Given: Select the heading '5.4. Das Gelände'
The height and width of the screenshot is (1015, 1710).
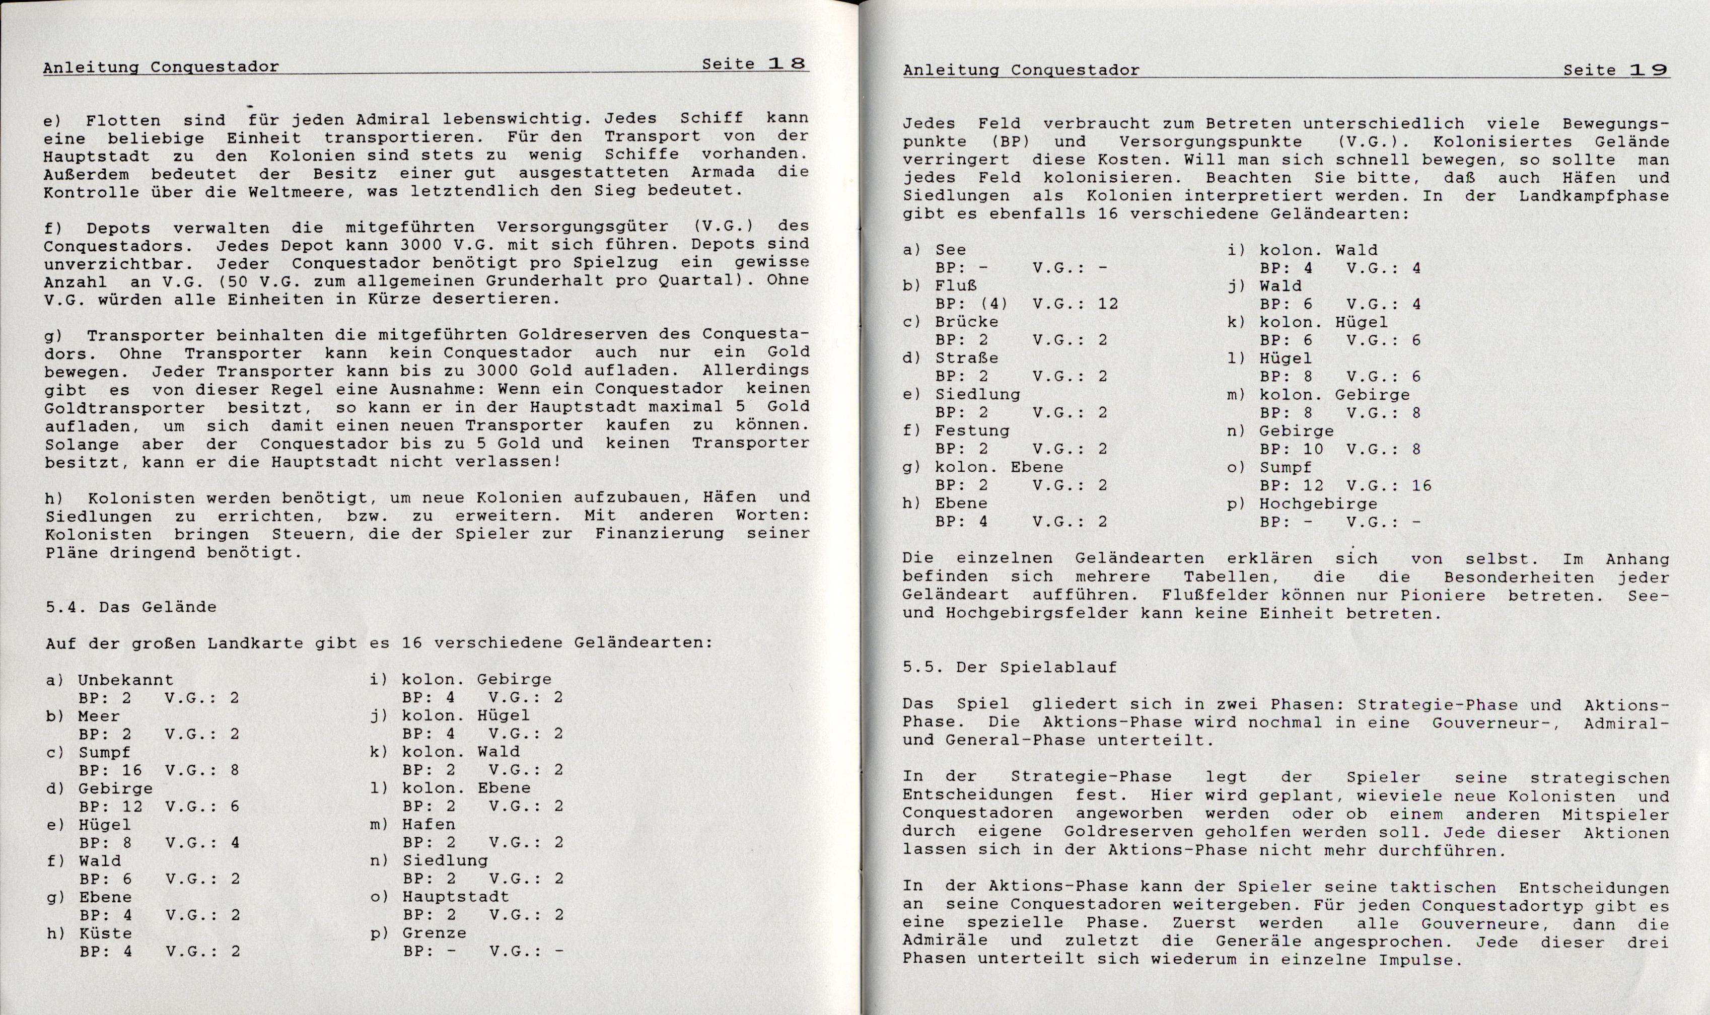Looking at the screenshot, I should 130,607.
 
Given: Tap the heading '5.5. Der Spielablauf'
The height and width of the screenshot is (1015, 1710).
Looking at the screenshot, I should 1010,667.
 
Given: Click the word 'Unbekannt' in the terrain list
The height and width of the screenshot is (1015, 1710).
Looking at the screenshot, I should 125,680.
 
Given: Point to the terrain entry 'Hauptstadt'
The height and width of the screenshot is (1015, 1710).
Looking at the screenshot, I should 456,897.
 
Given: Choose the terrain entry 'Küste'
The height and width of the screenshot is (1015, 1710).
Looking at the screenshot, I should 105,933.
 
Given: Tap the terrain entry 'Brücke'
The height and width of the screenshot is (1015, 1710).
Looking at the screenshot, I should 966,321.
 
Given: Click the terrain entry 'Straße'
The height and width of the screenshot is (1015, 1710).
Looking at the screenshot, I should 966,357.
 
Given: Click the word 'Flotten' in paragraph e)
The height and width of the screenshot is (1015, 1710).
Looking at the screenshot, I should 123,120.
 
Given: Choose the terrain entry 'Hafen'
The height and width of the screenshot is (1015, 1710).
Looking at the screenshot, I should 428,824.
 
